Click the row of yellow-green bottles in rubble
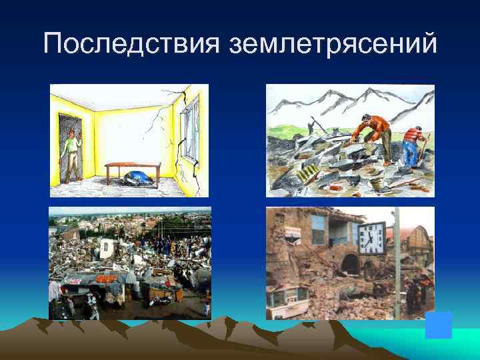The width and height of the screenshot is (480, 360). [309, 173]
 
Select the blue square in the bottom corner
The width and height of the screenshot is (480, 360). [438, 325]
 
